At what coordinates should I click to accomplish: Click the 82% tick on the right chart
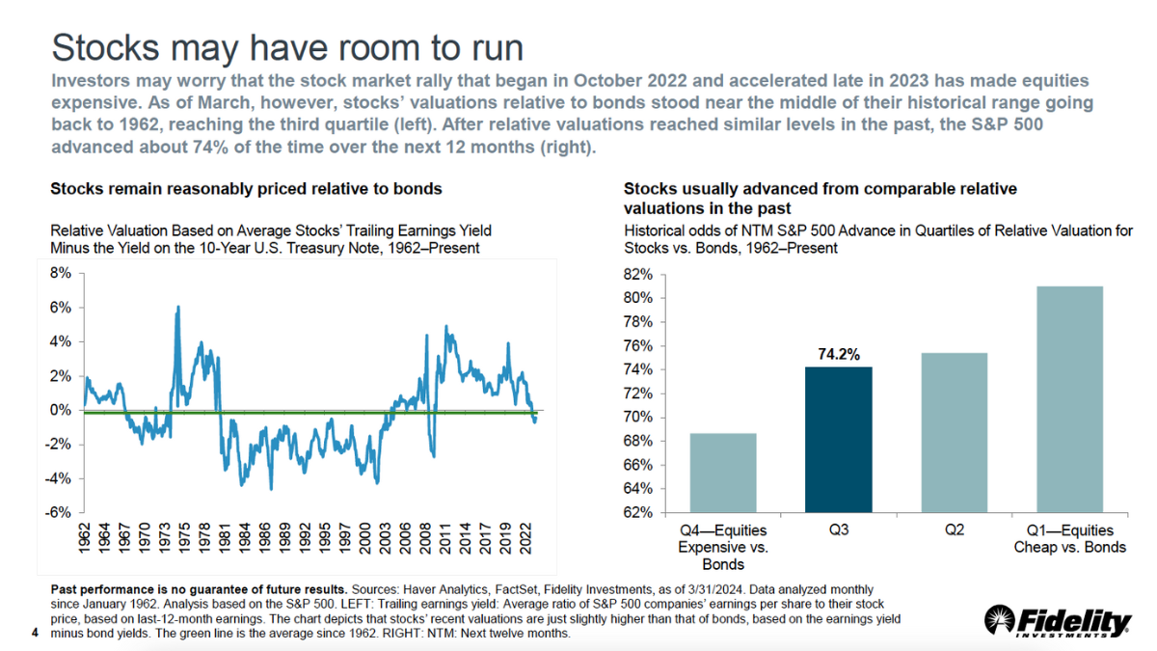point(640,275)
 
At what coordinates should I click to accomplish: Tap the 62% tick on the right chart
point(640,512)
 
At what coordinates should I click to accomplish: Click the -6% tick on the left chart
point(59,512)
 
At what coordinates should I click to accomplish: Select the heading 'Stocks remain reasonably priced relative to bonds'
point(246,189)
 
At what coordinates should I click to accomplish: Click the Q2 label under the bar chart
point(953,530)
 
